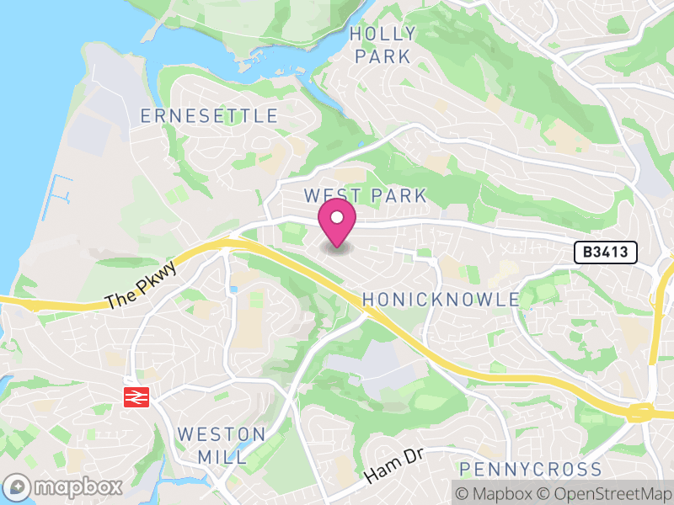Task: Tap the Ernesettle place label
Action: [209, 115]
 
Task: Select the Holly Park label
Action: [382, 45]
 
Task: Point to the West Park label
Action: [366, 195]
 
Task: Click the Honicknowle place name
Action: [441, 300]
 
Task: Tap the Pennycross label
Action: [531, 469]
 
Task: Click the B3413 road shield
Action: [606, 252]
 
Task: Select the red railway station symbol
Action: [136, 396]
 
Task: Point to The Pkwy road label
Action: [142, 288]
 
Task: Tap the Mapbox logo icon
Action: [18, 487]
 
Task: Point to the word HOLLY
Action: [382, 34]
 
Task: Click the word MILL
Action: [222, 457]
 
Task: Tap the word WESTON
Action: [222, 435]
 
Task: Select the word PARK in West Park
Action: [398, 195]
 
